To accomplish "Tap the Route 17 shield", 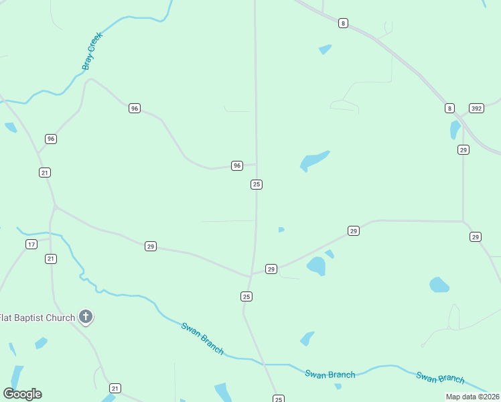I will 31,244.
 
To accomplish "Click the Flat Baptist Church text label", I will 37,318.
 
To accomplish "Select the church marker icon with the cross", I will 85,316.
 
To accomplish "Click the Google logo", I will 22,394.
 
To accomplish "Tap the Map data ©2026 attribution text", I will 472,397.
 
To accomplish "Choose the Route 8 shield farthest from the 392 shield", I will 343,23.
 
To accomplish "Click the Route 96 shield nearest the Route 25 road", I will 236,165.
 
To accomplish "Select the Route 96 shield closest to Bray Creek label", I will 135,108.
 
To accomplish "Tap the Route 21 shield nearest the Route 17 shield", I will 51,259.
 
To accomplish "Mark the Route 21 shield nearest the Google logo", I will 115,389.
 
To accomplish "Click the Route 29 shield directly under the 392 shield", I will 463,149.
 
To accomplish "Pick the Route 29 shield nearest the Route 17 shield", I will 151,247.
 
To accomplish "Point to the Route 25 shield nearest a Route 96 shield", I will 256,184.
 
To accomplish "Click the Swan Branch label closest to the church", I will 202,338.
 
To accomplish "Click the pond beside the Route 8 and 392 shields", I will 455,129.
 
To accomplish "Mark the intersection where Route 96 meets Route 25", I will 256,163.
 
